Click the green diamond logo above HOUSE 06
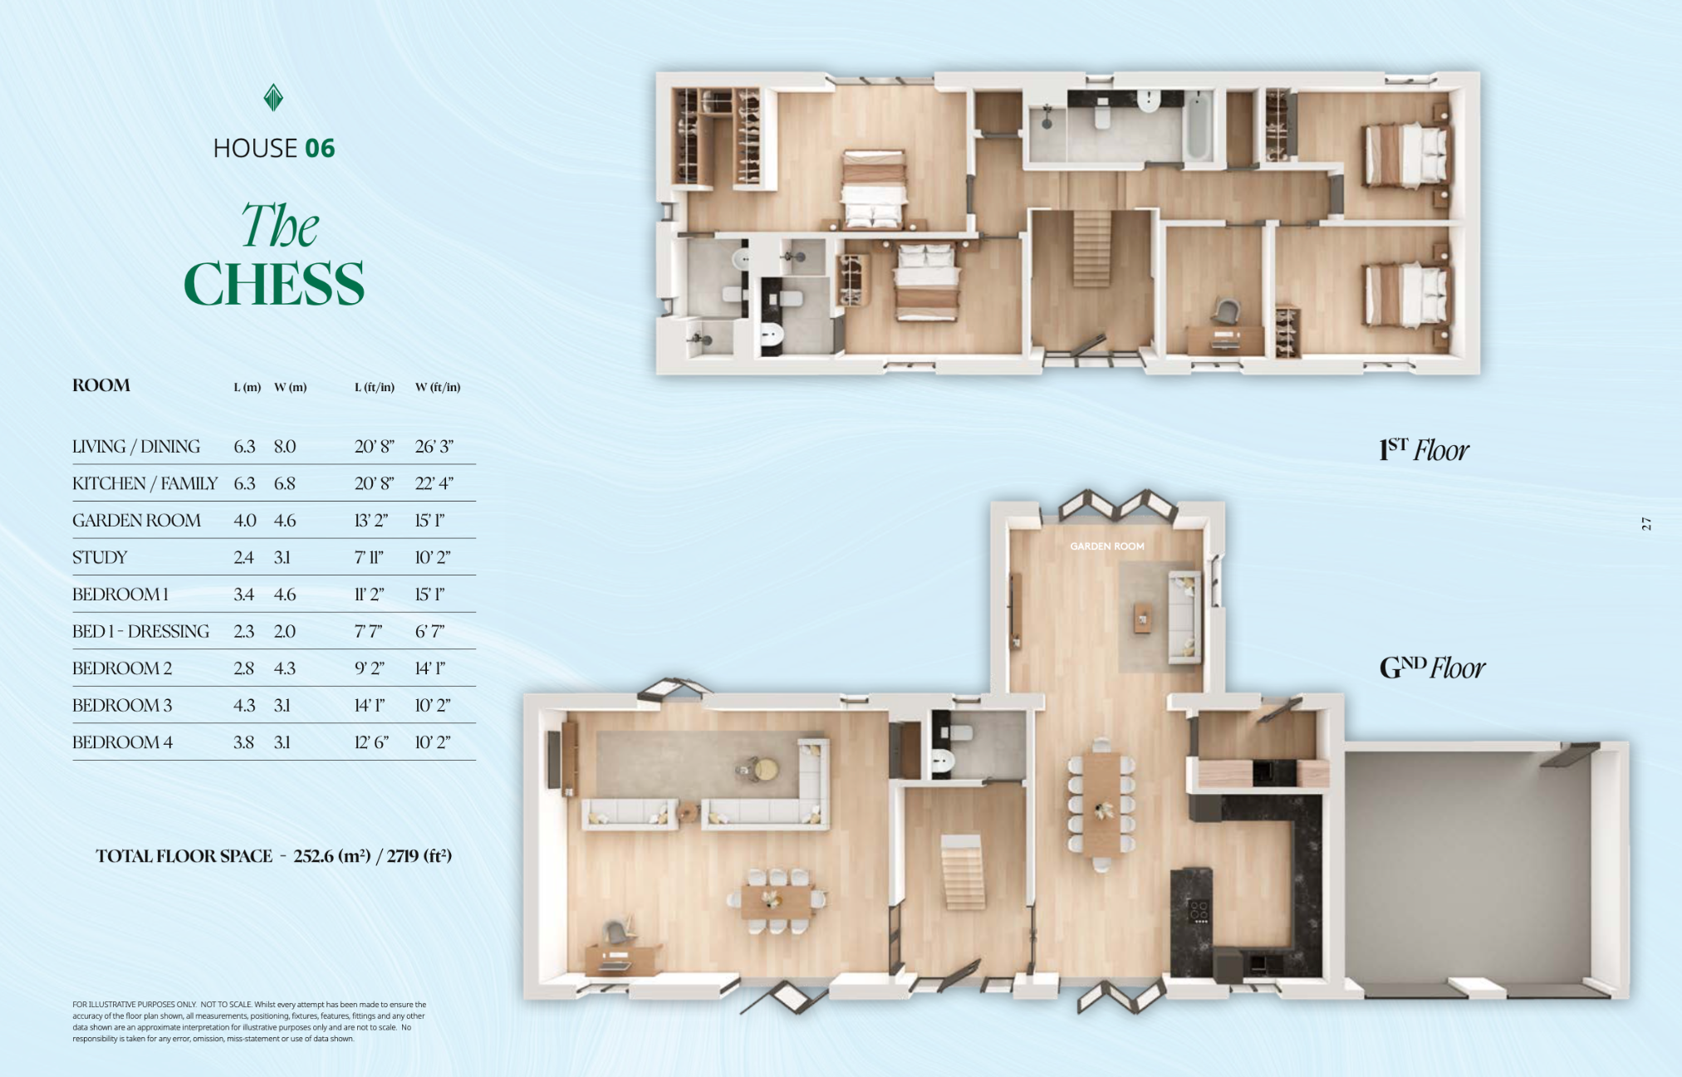click(x=273, y=98)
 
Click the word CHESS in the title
click(x=274, y=284)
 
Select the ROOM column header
click(x=101, y=385)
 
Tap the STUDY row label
click(x=100, y=557)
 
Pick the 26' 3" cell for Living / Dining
click(x=434, y=447)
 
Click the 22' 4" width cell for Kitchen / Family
click(x=434, y=483)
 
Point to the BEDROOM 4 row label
click(x=122, y=742)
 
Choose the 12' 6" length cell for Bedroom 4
click(x=371, y=742)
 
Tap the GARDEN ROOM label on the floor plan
click(x=1106, y=546)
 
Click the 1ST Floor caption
click(x=1423, y=450)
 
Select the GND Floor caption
click(x=1432, y=668)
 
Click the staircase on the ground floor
click(x=964, y=872)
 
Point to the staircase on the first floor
click(x=1091, y=248)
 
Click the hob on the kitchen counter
click(x=1199, y=911)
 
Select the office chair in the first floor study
click(x=1226, y=311)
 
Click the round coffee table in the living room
click(x=765, y=770)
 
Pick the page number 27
click(x=1646, y=524)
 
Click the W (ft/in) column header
click(x=438, y=387)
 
